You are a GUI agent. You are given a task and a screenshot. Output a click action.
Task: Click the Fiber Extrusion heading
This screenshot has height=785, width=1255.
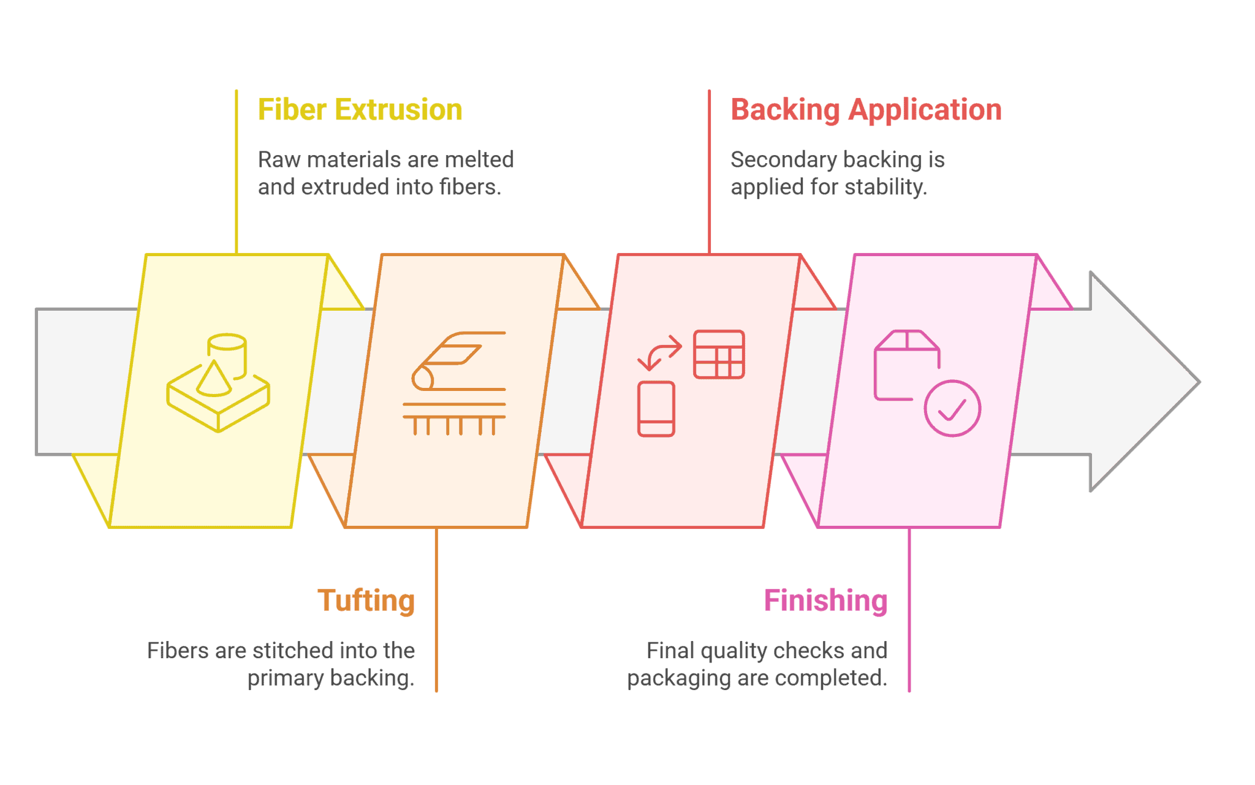click(x=360, y=110)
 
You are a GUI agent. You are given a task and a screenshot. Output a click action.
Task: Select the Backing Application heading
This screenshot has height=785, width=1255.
click(x=866, y=110)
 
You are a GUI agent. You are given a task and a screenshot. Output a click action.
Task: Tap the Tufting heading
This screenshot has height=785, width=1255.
click(x=366, y=601)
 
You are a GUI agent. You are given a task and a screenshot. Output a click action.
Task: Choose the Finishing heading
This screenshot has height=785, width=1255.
click(x=825, y=601)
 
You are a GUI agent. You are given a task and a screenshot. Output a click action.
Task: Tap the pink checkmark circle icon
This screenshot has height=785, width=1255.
click(x=952, y=408)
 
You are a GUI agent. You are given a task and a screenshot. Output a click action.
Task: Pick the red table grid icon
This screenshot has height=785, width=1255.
click(x=719, y=355)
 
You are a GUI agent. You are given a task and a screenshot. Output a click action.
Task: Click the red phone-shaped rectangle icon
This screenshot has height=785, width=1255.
click(x=656, y=409)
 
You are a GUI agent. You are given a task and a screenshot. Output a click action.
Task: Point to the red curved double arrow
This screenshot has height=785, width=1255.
click(x=659, y=352)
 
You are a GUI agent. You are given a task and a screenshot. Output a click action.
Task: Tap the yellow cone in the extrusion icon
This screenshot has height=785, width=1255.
click(x=213, y=380)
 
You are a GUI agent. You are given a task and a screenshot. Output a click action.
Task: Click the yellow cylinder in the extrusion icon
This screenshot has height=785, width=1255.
click(x=227, y=352)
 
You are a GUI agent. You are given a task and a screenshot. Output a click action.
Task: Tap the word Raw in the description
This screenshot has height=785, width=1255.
click(x=279, y=160)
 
